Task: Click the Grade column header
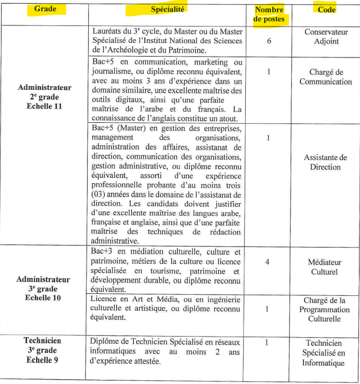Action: pyautogui.click(x=44, y=9)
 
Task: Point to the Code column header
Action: pyautogui.click(x=326, y=10)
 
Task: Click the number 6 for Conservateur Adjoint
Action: pyautogui.click(x=269, y=41)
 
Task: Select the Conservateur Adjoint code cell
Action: pyautogui.click(x=326, y=37)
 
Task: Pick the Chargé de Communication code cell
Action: pyautogui.click(x=326, y=77)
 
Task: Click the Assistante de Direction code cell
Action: pyautogui.click(x=326, y=162)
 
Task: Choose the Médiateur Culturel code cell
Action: pyautogui.click(x=326, y=267)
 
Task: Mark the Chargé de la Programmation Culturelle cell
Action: pyautogui.click(x=326, y=310)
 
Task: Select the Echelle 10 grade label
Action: pyautogui.click(x=44, y=297)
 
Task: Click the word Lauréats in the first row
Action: pyautogui.click(x=108, y=31)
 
